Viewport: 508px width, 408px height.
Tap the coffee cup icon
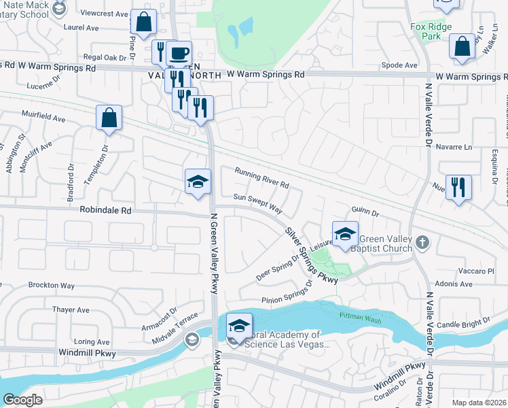click(179, 53)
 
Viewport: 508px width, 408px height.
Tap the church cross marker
click(422, 241)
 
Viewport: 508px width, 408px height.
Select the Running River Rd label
click(262, 178)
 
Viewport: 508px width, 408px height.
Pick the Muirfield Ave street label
click(43, 116)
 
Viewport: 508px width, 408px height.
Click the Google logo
click(22, 400)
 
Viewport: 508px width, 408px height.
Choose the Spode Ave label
click(399, 65)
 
